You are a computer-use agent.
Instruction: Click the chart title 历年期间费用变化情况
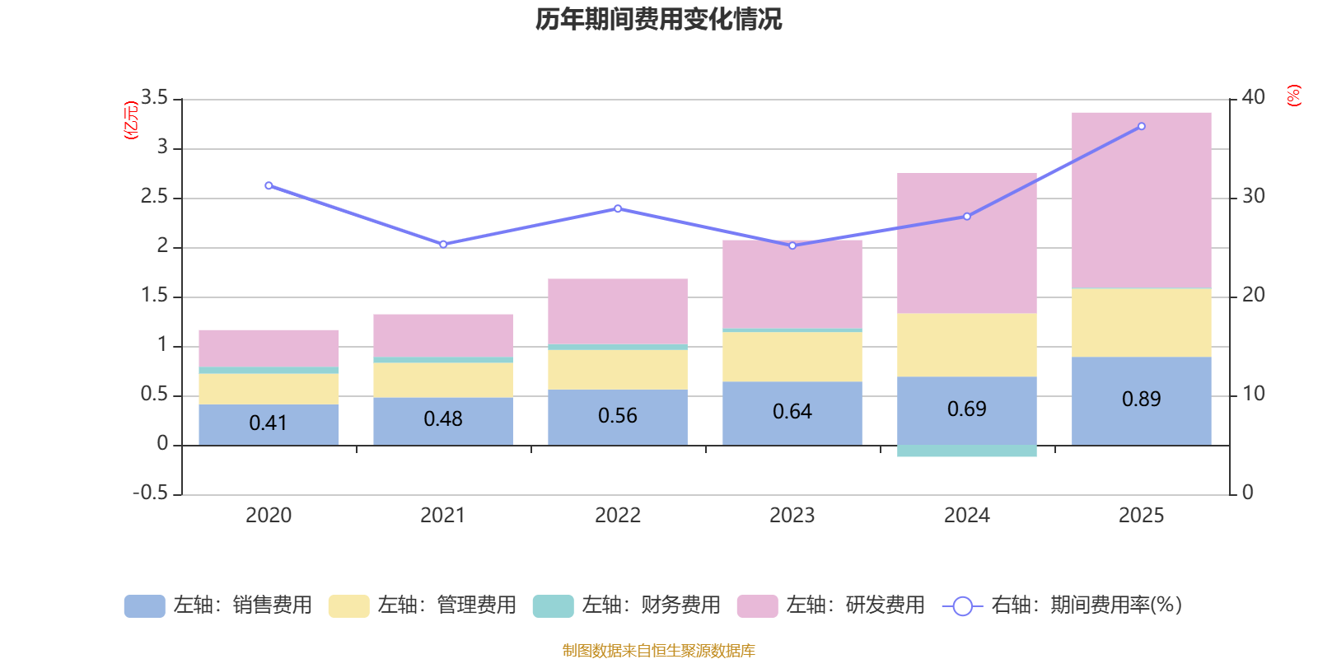(658, 19)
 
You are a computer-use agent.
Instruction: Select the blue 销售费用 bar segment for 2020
(269, 424)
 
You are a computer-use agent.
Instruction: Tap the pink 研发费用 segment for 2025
(1141, 199)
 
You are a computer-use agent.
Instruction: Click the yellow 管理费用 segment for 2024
(966, 344)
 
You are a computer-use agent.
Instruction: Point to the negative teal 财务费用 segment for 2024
(966, 451)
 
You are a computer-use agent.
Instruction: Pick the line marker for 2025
(1141, 126)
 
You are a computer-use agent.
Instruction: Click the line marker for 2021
(443, 244)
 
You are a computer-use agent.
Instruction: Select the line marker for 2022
(618, 208)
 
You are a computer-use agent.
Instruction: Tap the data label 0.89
(1141, 400)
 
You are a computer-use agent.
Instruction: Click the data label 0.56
(618, 416)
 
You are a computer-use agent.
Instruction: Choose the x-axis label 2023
(792, 516)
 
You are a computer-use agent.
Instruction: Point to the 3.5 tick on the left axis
(154, 98)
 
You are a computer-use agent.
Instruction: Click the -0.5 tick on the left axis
(151, 493)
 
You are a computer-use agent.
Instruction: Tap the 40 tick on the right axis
(1253, 98)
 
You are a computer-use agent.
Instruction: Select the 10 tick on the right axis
(1253, 394)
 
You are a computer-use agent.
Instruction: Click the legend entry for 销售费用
(219, 605)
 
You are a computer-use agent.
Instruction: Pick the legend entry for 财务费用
(628, 605)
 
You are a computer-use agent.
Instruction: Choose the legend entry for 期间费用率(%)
(1063, 605)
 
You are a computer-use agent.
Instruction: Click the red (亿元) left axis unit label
(130, 120)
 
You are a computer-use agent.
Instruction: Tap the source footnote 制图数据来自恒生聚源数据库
(658, 651)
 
